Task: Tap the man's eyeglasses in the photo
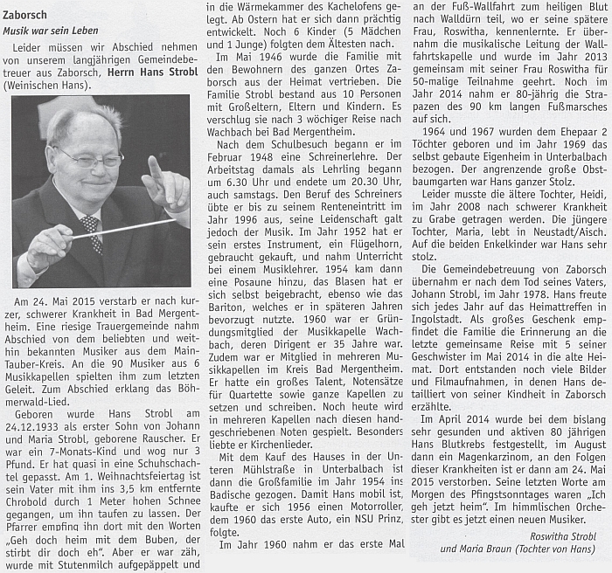[90, 160]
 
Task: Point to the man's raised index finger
[155, 168]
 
